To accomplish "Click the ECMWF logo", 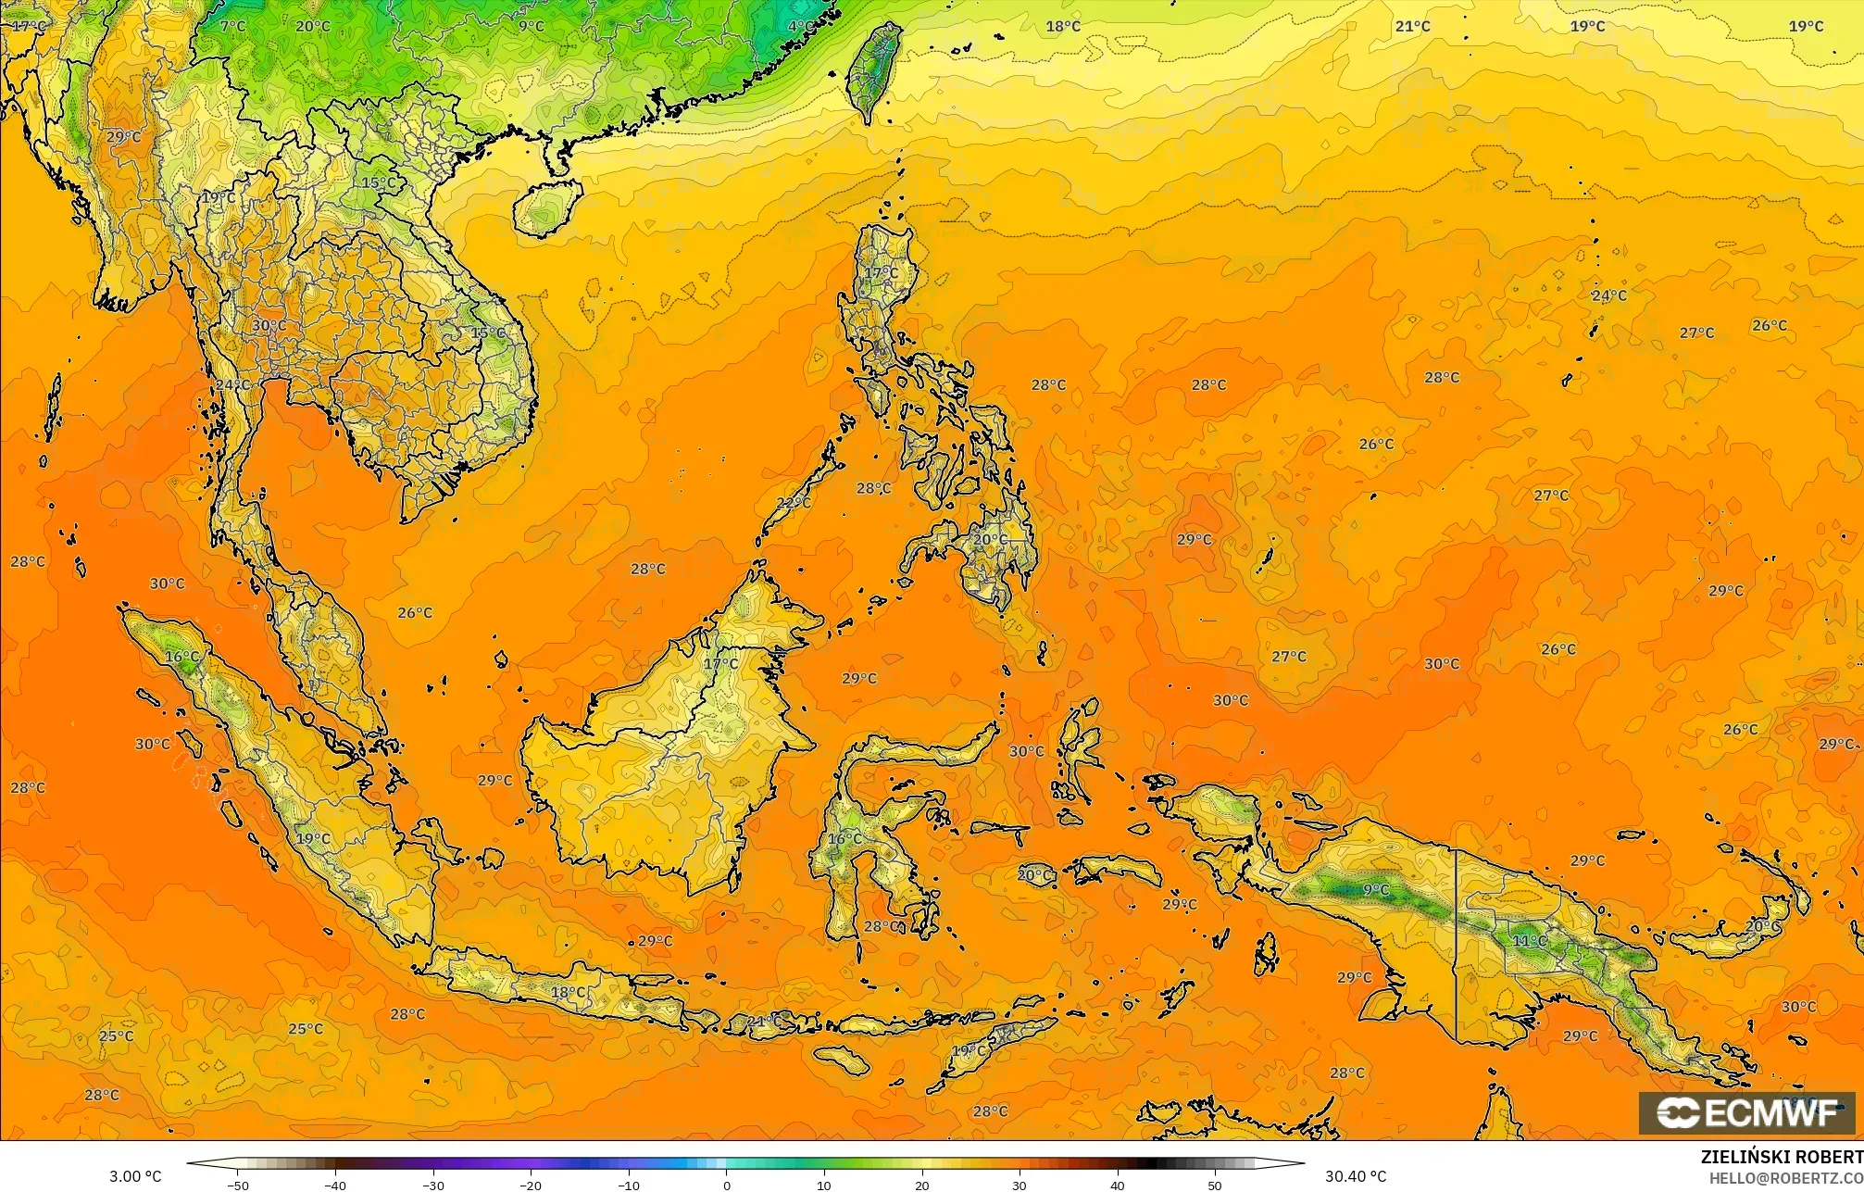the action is tap(1746, 1113).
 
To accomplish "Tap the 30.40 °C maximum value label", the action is tap(1355, 1176).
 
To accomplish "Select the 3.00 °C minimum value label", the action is tap(135, 1176).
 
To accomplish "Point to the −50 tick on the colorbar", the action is tap(238, 1185).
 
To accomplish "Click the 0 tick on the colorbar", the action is tap(726, 1185).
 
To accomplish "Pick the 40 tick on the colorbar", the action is tap(1117, 1185).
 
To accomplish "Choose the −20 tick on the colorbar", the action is tap(531, 1185).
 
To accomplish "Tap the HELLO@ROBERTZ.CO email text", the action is tap(1785, 1178).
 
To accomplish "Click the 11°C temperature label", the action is tap(1529, 940).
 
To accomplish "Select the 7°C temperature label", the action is tap(232, 26).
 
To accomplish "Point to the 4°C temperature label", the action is tap(801, 26).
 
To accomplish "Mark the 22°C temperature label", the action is tap(793, 503).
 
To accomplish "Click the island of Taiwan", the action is tap(874, 69).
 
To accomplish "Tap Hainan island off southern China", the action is tap(546, 207).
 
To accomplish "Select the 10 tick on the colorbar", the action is tap(824, 1185).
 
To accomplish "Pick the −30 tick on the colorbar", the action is tap(433, 1185).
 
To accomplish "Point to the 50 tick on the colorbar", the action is tap(1215, 1185).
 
